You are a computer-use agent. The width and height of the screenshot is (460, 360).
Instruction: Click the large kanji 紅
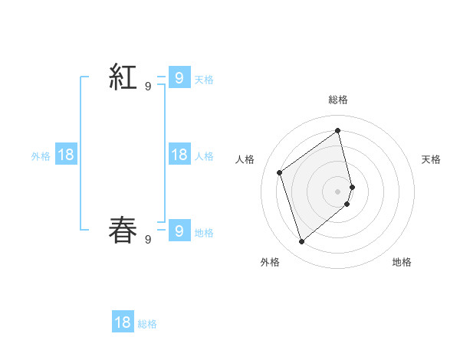pyautogui.click(x=123, y=77)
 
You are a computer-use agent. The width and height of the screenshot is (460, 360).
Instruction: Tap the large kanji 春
pyautogui.click(x=123, y=231)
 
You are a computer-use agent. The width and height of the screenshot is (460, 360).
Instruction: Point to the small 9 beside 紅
pyautogui.click(x=148, y=87)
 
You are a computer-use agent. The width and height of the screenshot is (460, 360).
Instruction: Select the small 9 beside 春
pyautogui.click(x=148, y=240)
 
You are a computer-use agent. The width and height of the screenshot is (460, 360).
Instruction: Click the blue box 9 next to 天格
pyautogui.click(x=179, y=77)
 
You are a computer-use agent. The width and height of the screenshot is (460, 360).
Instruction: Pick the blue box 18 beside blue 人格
pyautogui.click(x=179, y=155)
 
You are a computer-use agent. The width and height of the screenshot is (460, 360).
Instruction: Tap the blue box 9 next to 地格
pyautogui.click(x=179, y=231)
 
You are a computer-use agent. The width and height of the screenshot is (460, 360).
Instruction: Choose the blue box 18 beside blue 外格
pyautogui.click(x=66, y=155)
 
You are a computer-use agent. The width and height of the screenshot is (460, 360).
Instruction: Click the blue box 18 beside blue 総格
pyautogui.click(x=123, y=322)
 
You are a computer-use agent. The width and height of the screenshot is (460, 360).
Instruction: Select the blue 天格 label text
pyautogui.click(x=204, y=79)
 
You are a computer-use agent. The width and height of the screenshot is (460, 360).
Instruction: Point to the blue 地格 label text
pyautogui.click(x=204, y=233)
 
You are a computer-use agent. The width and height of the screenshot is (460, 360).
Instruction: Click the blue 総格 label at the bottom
pyautogui.click(x=147, y=324)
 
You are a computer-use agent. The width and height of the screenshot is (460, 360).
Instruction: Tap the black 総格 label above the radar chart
pyautogui.click(x=338, y=100)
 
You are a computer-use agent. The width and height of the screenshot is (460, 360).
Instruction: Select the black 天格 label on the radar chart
pyautogui.click(x=431, y=159)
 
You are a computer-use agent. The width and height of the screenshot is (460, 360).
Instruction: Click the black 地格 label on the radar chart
pyautogui.click(x=402, y=262)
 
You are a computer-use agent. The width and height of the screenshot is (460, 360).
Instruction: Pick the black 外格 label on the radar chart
pyautogui.click(x=270, y=262)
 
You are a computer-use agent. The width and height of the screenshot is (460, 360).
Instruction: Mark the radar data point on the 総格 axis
pyautogui.click(x=338, y=130)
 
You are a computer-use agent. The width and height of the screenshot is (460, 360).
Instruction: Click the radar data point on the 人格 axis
pyautogui.click(x=280, y=172)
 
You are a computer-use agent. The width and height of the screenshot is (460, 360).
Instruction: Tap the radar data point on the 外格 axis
pyautogui.click(x=302, y=242)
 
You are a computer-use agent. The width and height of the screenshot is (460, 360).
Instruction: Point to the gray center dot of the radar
pyautogui.click(x=338, y=191)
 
